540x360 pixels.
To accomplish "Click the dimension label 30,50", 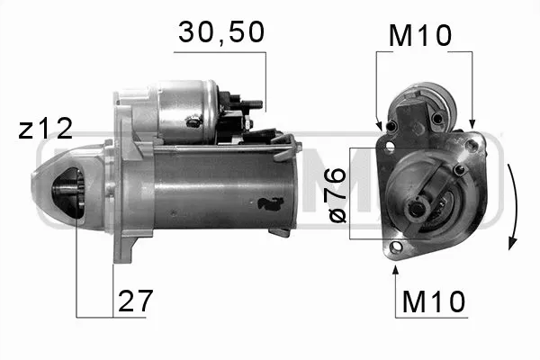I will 220,33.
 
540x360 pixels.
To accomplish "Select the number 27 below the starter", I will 135,300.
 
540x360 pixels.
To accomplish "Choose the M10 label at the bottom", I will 435,301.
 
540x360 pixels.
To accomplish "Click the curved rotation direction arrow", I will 514,207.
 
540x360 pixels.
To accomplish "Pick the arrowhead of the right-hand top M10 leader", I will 471,122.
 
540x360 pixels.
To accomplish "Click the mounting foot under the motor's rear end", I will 281,231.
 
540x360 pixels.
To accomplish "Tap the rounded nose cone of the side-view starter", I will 49,193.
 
